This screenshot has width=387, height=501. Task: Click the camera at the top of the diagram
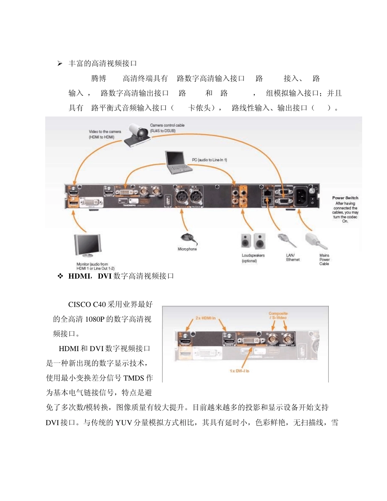(x=139, y=133)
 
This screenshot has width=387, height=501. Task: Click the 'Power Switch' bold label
(x=345, y=198)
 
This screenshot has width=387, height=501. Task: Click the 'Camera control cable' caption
(x=167, y=127)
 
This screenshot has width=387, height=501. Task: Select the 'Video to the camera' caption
(x=104, y=134)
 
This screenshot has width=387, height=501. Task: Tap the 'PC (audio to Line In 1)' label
(x=209, y=160)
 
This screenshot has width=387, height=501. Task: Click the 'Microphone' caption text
(x=187, y=249)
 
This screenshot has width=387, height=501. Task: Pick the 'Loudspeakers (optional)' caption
(x=253, y=258)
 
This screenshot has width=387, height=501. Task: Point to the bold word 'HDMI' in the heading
(x=79, y=276)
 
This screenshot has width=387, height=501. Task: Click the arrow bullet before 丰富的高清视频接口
(x=59, y=64)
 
